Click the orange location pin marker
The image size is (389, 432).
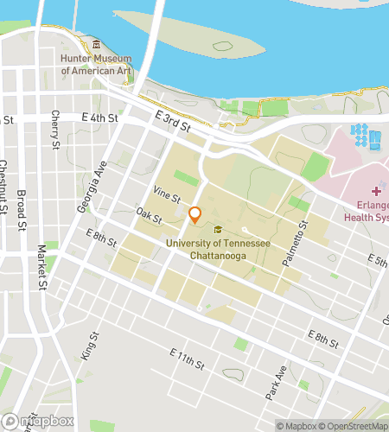195,214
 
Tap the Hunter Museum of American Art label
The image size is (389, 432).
95,65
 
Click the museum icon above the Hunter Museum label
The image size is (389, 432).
96,45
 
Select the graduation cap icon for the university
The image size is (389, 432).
219,230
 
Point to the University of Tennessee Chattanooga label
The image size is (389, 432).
216,250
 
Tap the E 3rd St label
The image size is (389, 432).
172,121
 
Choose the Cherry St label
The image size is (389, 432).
55,129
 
